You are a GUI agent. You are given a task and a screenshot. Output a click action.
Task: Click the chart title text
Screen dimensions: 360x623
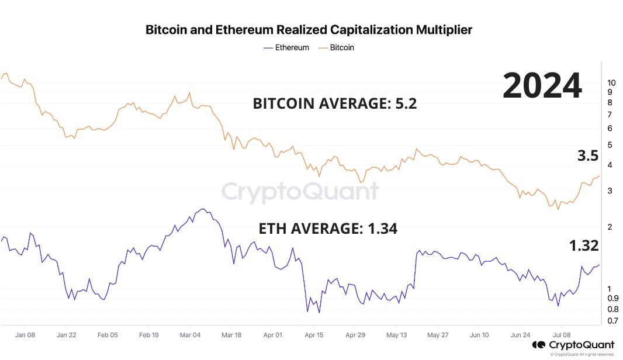click(x=309, y=29)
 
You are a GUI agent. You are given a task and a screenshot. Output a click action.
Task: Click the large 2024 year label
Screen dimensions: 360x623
click(x=542, y=86)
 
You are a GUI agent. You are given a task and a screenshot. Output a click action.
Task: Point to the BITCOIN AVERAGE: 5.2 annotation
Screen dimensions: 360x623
click(x=335, y=103)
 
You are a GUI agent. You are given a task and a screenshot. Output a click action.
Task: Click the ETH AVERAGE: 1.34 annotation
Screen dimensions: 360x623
click(x=328, y=229)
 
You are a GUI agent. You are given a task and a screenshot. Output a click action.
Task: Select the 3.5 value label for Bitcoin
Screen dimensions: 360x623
click(x=588, y=155)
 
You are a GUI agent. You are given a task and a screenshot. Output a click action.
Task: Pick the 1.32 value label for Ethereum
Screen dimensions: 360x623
click(x=584, y=245)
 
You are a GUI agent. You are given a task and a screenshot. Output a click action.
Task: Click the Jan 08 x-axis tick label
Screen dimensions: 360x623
click(x=25, y=335)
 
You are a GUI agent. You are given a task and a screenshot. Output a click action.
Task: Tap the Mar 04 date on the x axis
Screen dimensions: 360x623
click(x=190, y=335)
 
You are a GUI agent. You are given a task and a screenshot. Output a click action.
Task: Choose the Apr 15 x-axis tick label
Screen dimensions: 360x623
click(x=314, y=335)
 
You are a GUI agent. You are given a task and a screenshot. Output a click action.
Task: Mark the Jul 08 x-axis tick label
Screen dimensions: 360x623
click(x=562, y=335)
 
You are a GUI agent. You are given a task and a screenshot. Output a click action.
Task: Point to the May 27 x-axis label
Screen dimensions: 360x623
click(x=438, y=335)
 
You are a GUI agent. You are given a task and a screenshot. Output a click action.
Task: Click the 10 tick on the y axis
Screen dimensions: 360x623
click(x=612, y=82)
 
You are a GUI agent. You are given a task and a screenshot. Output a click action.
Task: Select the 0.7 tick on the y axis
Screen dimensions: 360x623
click(x=612, y=321)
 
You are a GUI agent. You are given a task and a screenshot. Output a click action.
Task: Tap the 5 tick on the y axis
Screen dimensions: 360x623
click(x=610, y=144)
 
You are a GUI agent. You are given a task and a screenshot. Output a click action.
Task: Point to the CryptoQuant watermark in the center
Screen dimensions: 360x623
click(x=299, y=192)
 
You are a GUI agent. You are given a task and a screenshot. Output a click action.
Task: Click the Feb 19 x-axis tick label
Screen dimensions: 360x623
click(x=149, y=335)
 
